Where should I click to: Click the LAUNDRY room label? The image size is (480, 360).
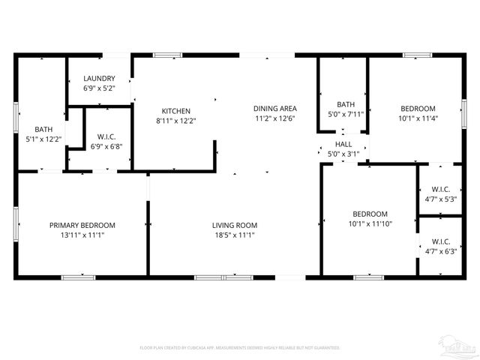click(x=99, y=78)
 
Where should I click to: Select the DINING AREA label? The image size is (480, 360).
click(x=274, y=108)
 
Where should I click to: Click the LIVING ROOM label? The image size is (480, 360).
click(x=235, y=225)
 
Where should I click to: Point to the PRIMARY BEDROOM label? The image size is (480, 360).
click(x=82, y=225)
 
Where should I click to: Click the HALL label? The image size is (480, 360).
click(x=343, y=144)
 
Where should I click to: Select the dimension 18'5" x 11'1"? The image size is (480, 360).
click(x=235, y=235)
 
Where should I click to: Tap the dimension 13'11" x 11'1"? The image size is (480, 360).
click(x=82, y=235)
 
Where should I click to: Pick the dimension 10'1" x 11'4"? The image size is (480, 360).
click(x=417, y=118)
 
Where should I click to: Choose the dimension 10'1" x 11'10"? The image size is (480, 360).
click(x=370, y=223)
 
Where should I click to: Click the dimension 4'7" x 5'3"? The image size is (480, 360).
click(x=439, y=199)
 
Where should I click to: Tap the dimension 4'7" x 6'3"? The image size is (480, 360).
click(x=439, y=251)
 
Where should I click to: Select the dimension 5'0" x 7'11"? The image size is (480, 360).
click(x=345, y=114)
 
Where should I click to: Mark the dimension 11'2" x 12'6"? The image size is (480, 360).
click(x=274, y=118)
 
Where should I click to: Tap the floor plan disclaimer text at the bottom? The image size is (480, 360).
click(x=240, y=348)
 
